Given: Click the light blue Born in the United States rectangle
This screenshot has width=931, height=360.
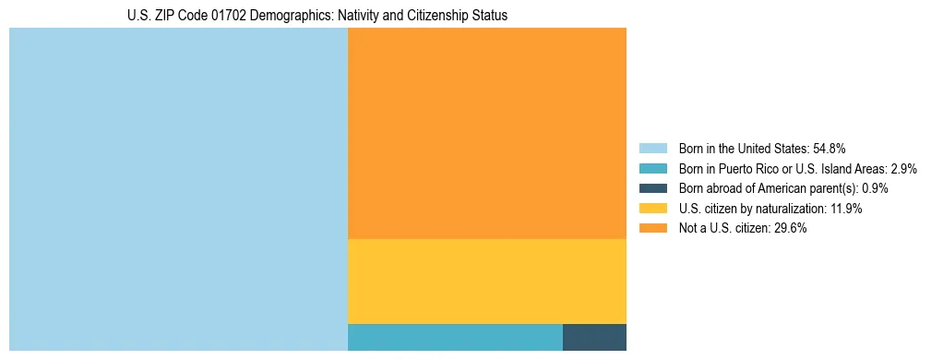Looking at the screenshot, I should click(178, 189).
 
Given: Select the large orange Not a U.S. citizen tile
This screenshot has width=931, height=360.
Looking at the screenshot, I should click(487, 133).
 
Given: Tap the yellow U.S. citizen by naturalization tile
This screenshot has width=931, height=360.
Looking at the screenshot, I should click(487, 282).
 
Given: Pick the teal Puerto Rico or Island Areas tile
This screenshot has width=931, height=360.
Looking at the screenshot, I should click(455, 338).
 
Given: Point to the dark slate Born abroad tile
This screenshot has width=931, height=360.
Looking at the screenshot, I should click(594, 338).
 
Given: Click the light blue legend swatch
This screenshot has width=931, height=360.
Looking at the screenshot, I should click(652, 149).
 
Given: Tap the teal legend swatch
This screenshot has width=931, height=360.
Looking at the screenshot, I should click(652, 169).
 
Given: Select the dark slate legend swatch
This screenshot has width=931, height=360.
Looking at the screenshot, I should click(652, 188).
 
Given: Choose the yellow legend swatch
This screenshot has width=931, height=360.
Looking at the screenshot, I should click(652, 209).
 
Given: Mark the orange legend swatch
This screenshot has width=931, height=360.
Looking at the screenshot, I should click(652, 228).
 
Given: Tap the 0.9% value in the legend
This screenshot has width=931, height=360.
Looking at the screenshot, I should click(875, 188).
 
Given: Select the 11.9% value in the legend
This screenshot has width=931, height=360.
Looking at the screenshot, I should click(846, 209).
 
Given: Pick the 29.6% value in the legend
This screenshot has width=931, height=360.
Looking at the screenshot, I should click(791, 228).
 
